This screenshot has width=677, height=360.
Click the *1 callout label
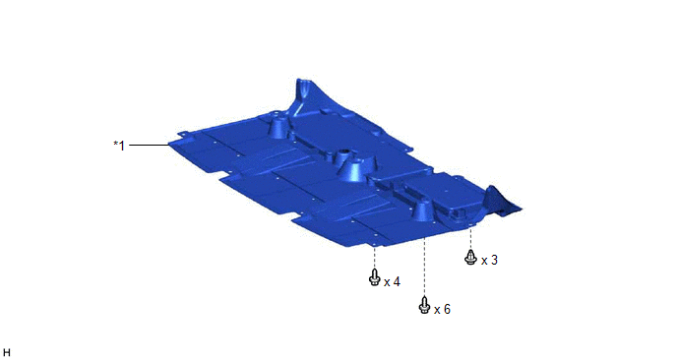[119, 146]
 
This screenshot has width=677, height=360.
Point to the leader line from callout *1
[149, 145]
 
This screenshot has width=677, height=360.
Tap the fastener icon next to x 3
[470, 258]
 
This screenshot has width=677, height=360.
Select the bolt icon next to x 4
[374, 277]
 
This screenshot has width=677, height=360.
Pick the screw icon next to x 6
[424, 305]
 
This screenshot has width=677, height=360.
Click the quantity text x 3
[490, 261]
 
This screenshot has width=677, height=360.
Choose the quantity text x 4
[392, 282]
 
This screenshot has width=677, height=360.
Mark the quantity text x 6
[442, 310]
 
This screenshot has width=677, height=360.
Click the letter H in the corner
[6, 353]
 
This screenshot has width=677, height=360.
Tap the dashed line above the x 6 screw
[424, 267]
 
